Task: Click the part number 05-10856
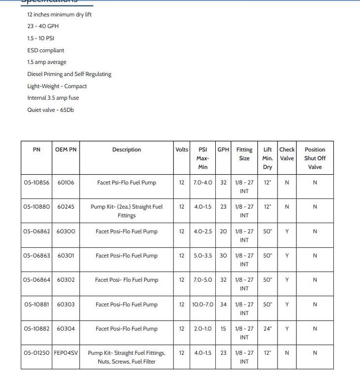[37, 183]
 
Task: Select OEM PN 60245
[66, 207]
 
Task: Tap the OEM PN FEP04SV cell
[66, 353]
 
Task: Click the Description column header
[126, 150]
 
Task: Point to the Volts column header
[182, 150]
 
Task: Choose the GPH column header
[223, 150]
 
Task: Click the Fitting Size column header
[244, 154]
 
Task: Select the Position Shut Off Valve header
[315, 158]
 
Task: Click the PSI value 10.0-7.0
[202, 304]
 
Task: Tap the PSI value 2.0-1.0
[202, 329]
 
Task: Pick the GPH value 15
[223, 329]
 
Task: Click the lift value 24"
[267, 329]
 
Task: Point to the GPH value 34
[223, 304]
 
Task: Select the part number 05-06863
[37, 256]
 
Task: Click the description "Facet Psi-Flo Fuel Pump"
[126, 183]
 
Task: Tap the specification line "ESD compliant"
[45, 50]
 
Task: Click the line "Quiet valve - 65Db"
[50, 110]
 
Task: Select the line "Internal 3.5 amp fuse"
[53, 98]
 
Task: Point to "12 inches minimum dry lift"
[59, 14]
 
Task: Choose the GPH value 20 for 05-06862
[223, 231]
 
